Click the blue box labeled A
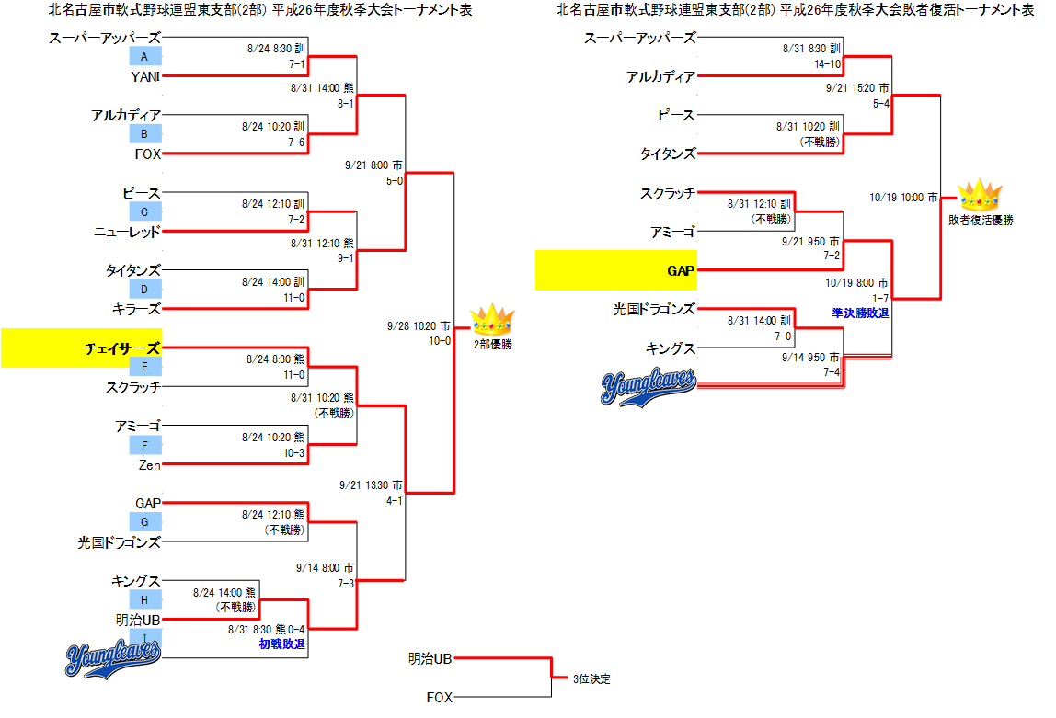coord(145,57)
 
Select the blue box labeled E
coord(145,367)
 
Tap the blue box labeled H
coord(145,599)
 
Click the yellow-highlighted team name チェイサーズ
coord(122,348)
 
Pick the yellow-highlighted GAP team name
coord(682,271)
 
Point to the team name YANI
coord(146,76)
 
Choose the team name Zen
coord(150,465)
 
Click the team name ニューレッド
coord(128,232)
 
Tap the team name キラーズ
coord(136,309)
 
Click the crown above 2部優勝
coord(490,321)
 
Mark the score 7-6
coord(295,142)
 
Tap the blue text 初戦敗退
coord(281,644)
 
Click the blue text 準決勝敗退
coord(861,313)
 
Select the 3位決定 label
coord(591,679)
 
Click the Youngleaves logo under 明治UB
coord(114,656)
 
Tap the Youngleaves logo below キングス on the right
coord(649,386)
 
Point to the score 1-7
coord(880,298)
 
